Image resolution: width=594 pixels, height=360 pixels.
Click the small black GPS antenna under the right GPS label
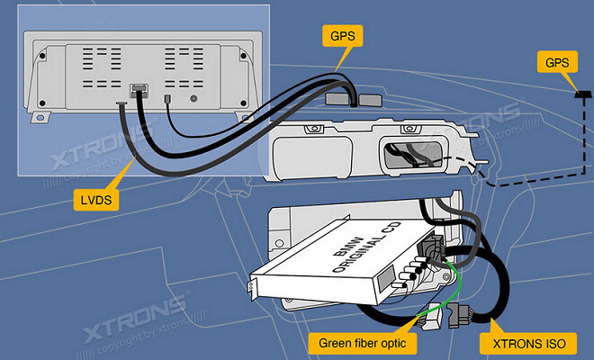(580, 94)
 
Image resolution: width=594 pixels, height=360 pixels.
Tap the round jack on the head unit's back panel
(193, 96)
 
